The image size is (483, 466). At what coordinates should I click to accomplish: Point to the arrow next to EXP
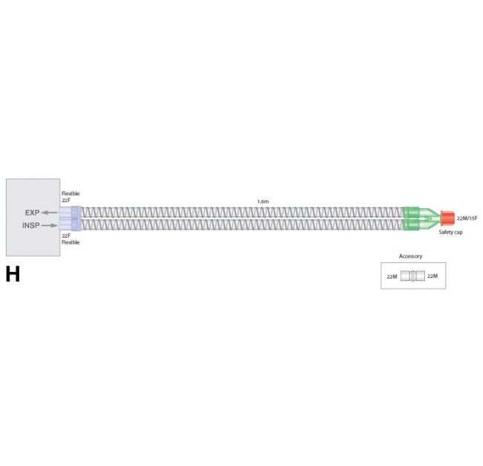click(x=50, y=213)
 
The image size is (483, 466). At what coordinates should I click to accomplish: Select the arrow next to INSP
click(x=50, y=225)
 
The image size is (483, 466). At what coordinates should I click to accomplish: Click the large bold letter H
click(x=13, y=274)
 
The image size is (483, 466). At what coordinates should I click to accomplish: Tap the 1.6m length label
click(x=263, y=201)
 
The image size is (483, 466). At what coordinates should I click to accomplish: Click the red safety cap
click(x=447, y=219)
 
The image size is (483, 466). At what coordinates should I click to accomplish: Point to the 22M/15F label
click(x=467, y=218)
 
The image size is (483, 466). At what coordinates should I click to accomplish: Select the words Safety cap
click(x=450, y=233)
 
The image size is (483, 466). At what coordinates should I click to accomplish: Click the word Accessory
click(x=411, y=256)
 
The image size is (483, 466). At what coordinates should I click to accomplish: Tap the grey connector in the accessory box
click(x=413, y=276)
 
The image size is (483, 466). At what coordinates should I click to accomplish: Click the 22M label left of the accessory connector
click(x=392, y=276)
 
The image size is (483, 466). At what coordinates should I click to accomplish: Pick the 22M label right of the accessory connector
click(x=432, y=276)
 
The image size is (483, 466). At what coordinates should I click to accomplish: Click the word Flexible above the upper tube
click(x=71, y=193)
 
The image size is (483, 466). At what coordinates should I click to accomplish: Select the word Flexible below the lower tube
click(x=71, y=242)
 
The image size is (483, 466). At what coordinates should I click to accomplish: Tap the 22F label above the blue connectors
click(x=65, y=200)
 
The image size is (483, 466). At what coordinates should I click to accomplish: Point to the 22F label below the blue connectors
click(x=65, y=236)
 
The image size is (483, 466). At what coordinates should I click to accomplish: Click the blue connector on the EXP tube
click(x=71, y=213)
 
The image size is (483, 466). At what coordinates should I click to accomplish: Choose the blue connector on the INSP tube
click(x=71, y=224)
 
